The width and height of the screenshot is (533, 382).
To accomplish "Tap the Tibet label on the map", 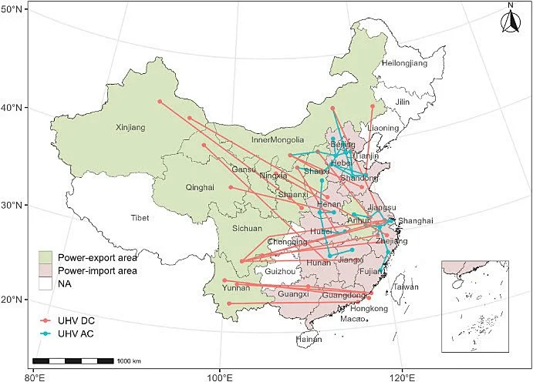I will click(x=140, y=218).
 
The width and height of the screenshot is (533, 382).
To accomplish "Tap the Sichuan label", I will click(x=248, y=228).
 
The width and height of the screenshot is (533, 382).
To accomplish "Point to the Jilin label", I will click(x=403, y=102).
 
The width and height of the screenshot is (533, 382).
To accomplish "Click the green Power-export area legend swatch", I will click(x=48, y=257).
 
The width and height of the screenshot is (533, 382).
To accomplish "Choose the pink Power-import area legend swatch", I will click(x=48, y=271).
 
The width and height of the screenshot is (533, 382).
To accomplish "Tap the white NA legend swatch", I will click(x=48, y=285).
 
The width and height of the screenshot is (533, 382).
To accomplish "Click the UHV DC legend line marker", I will click(x=48, y=319).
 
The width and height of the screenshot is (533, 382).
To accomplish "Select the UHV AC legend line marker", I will click(x=48, y=333).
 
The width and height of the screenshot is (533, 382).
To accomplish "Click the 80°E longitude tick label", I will click(x=34, y=377).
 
